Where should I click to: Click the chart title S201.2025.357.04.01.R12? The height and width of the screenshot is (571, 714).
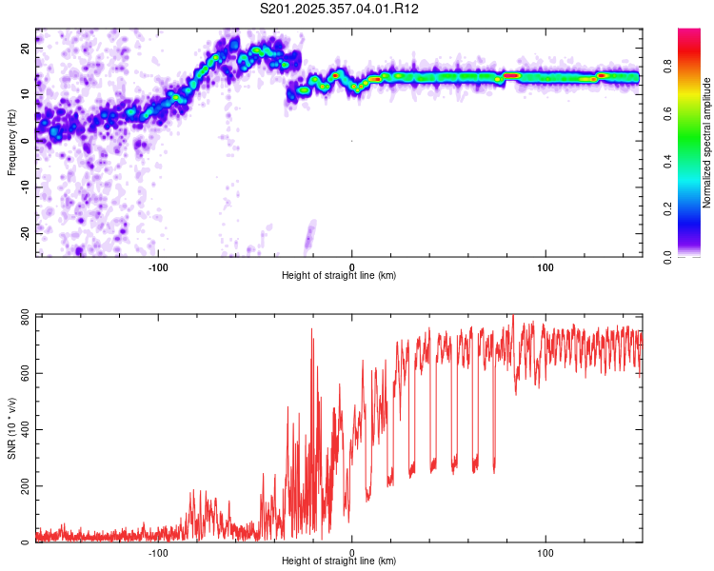coord(340,9)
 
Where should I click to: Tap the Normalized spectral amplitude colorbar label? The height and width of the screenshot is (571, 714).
coord(706,143)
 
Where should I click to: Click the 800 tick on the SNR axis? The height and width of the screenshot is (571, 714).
coord(23,316)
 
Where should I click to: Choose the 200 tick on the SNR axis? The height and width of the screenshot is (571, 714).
coord(23,486)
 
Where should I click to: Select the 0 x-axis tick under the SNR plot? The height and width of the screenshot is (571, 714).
coord(352,552)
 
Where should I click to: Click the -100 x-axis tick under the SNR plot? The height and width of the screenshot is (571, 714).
coord(158,552)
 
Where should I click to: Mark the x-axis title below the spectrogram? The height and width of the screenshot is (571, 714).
coord(339,276)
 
